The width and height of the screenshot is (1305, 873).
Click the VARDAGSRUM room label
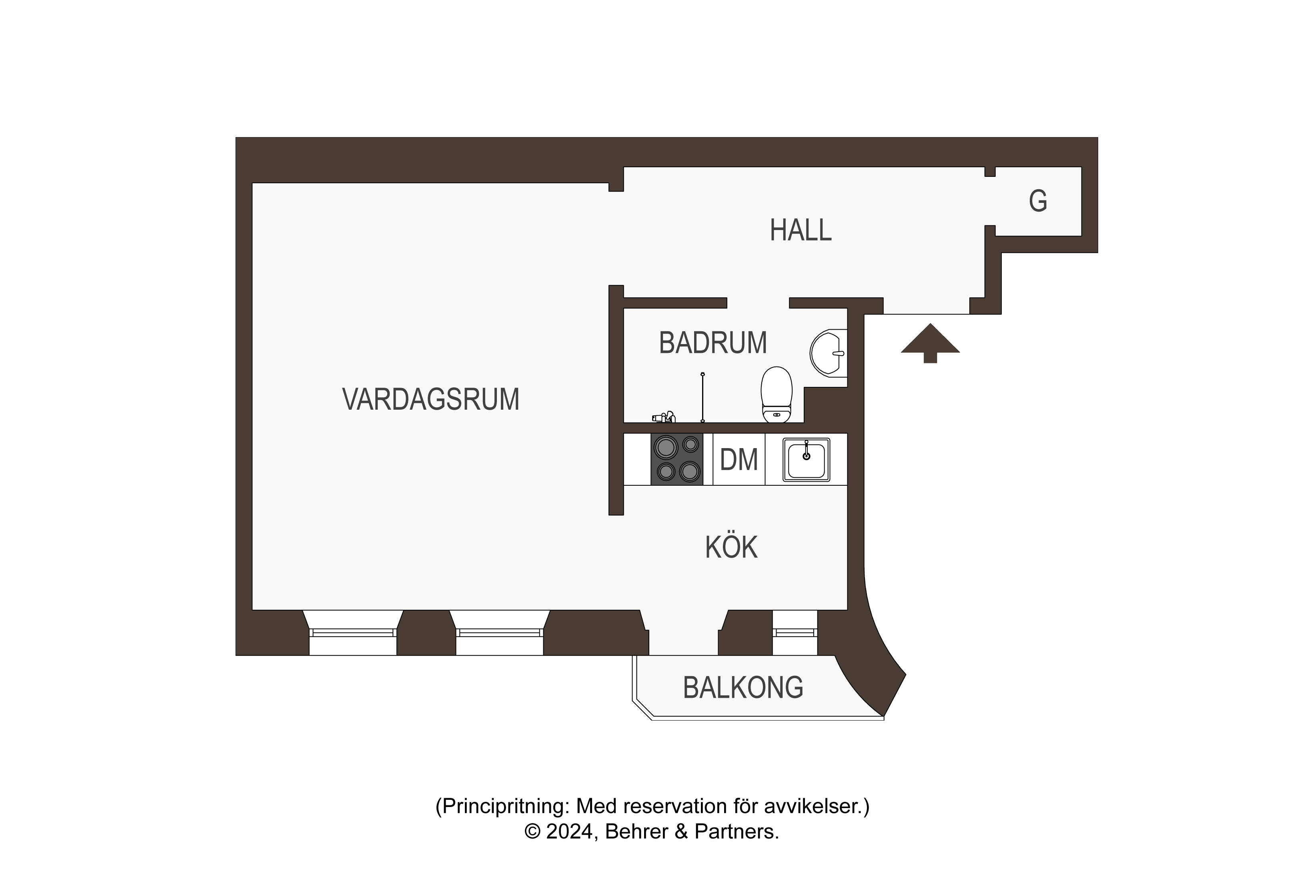[x=430, y=399]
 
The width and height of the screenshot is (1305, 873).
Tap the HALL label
[x=800, y=230]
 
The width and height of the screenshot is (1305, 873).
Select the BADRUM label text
[x=713, y=342]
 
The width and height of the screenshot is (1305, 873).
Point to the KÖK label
[x=731, y=547]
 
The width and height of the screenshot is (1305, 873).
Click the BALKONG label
[x=743, y=688]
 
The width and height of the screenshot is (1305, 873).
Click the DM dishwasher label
[x=739, y=460]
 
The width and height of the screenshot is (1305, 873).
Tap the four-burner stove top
[x=677, y=459]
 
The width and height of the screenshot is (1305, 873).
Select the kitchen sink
[x=806, y=459]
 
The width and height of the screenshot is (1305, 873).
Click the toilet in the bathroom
[x=776, y=393]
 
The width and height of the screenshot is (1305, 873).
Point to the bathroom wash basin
[x=828, y=352]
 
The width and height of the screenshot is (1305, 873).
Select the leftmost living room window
[x=352, y=633]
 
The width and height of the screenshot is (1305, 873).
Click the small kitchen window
[x=795, y=633]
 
